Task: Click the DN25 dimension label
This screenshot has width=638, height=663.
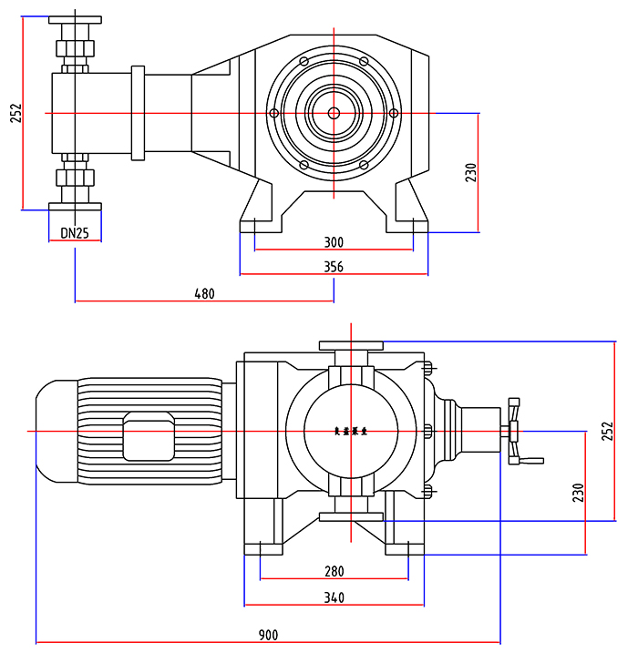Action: click(75, 233)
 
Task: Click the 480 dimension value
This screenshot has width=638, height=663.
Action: click(204, 294)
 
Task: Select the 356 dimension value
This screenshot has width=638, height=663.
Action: click(334, 267)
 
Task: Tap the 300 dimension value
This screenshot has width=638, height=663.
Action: click(334, 242)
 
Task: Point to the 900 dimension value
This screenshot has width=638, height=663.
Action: click(268, 635)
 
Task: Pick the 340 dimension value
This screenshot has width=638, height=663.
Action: click(334, 597)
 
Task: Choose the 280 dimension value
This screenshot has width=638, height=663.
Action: click(334, 572)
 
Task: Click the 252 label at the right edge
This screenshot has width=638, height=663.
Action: click(608, 431)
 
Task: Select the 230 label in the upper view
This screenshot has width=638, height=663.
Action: click(470, 172)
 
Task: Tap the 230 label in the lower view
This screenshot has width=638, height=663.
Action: click(578, 493)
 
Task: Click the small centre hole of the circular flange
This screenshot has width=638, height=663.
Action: click(334, 113)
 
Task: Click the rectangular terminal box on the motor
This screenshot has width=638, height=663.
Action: click(148, 435)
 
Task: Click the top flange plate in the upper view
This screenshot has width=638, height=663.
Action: click(75, 21)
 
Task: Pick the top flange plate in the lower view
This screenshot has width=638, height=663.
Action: click(351, 345)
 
